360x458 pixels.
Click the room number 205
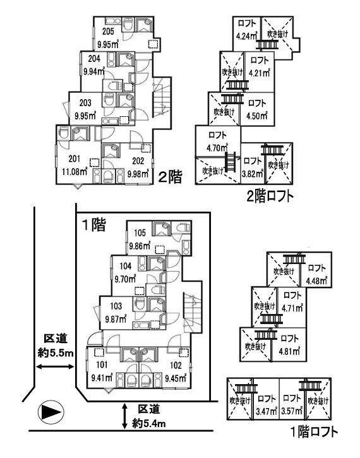coord(108,31)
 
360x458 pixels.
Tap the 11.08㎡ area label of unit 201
coord(75,171)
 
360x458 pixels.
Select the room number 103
coord(116,306)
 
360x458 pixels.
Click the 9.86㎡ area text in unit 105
coord(140,246)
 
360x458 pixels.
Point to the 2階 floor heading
coord(170,177)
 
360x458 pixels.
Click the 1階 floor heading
coord(93,225)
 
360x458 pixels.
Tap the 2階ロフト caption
coord(270,196)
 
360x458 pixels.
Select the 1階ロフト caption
coord(314,432)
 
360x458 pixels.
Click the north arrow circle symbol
coord(51,412)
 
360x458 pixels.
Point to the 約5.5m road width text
coord(56,353)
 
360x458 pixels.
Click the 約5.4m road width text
coord(149,423)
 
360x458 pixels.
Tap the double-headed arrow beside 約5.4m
coord(125,416)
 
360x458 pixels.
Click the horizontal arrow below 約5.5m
coord(54,366)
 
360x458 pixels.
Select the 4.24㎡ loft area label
coord(247,36)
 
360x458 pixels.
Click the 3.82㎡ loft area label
coord(253,174)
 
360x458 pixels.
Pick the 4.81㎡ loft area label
coord(289,351)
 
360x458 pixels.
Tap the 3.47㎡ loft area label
coord(267,411)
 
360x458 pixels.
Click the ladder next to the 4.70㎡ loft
coord(231,162)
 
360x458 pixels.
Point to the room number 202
coord(138,160)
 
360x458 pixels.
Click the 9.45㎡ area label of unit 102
coord(176,378)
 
